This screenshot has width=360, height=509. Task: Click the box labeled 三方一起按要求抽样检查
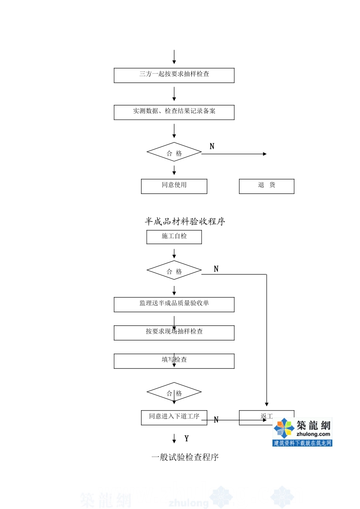tap(174, 75)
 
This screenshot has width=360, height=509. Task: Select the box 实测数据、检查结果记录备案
tap(174, 112)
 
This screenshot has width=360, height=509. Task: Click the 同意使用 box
tap(174, 186)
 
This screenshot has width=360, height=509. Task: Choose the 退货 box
tap(266, 186)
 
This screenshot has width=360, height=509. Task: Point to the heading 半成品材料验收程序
tap(185, 221)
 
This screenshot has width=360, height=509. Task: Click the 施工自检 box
tap(174, 237)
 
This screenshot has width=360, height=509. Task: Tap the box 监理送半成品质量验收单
tap(174, 304)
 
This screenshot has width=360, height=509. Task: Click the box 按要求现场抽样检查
tap(174, 333)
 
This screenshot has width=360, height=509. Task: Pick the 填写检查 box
tap(174, 361)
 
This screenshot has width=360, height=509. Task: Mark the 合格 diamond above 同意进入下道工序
tap(174, 392)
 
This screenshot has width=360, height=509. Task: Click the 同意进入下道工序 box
tap(174, 417)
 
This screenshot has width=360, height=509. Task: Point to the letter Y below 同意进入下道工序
tap(186, 439)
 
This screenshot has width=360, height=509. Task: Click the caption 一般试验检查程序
tap(185, 457)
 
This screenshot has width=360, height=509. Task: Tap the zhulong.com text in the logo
tap(313, 434)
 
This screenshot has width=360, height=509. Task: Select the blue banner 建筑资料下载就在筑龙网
tap(302, 443)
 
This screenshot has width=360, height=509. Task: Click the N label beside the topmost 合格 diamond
tap(212, 146)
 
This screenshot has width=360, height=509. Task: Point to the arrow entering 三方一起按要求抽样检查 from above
tap(174, 57)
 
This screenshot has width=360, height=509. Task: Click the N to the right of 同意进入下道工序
tap(216, 420)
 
